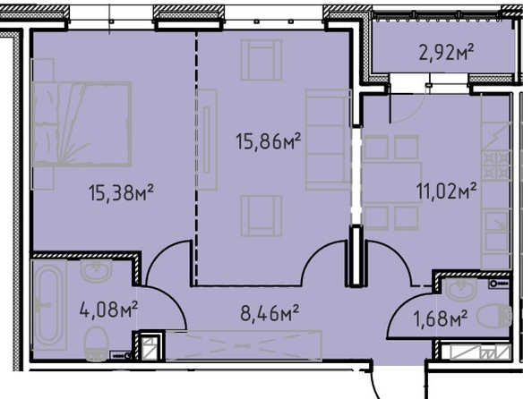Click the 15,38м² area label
tap(121, 192)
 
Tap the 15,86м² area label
tap(269, 141)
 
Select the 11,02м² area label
tap(446, 191)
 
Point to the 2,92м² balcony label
tap(446, 53)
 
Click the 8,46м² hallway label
tap(270, 313)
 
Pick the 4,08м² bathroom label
tap(108, 310)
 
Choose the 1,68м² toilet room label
tap(440, 318)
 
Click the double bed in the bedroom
tap(82, 124)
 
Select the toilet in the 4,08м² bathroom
tap(96, 344)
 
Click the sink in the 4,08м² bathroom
tap(97, 270)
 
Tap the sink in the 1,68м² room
tap(461, 289)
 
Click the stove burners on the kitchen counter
tap(495, 166)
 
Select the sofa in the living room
tap(328, 140)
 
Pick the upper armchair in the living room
tap(262, 60)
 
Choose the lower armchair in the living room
tap(262, 216)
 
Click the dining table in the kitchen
tap(392, 183)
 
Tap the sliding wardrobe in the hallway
tap(244, 345)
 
